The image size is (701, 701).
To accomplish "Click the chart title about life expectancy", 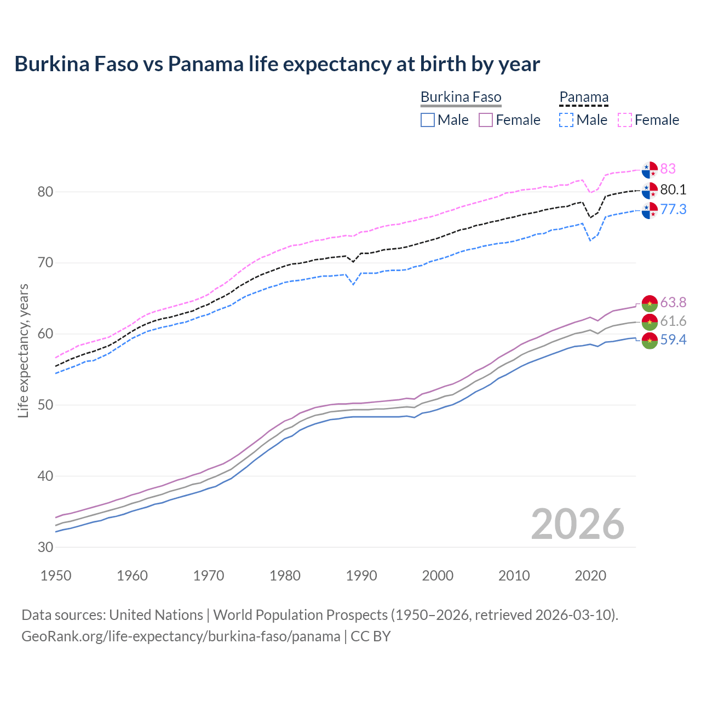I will [277, 64].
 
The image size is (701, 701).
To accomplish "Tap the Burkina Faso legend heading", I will [461, 97].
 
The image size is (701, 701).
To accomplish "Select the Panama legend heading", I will [584, 97].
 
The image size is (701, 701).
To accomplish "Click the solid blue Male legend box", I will [428, 120].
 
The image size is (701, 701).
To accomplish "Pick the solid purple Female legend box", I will [486, 120].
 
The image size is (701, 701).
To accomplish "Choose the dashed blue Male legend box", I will [566, 120].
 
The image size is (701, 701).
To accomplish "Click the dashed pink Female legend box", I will [625, 120].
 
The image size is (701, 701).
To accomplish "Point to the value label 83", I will [668, 169].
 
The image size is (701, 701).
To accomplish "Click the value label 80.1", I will [673, 189].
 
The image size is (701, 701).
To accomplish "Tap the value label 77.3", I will [673, 209].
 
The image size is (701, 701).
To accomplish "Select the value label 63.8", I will [673, 302].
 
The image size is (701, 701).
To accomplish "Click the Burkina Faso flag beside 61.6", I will [650, 321].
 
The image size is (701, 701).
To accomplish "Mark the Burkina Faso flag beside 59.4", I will [650, 340].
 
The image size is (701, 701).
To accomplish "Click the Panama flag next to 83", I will [650, 170].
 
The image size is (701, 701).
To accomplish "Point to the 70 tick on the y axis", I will [45, 263].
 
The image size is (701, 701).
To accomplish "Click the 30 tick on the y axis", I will [45, 547].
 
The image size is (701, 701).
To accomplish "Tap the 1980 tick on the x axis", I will [285, 576].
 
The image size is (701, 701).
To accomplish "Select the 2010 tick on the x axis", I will [514, 576].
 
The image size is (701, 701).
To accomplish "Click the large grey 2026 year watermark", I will [577, 524].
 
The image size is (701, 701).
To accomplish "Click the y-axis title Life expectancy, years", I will [24, 350].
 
